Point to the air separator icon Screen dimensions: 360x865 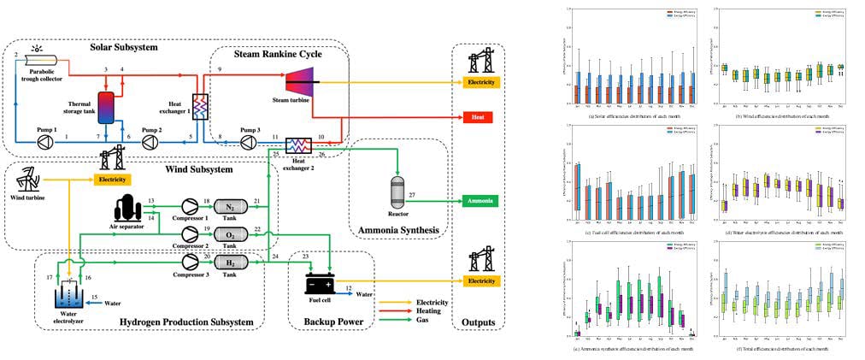(127, 208)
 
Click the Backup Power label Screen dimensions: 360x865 (329, 322)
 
